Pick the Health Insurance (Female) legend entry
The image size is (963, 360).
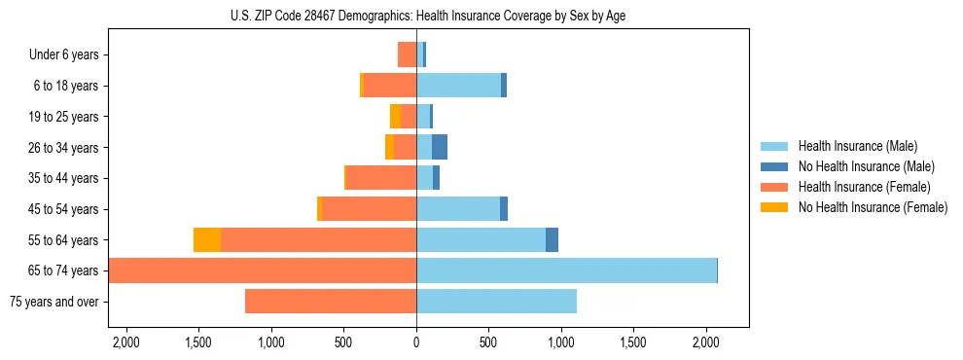tap(858, 187)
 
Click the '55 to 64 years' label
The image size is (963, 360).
tap(63, 240)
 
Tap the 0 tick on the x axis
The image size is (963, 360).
tap(416, 342)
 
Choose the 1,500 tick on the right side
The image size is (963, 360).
tap(633, 342)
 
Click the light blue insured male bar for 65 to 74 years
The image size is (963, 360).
tap(566, 270)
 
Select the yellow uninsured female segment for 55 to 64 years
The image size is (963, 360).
tap(207, 240)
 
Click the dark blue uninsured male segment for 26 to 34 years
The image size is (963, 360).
tap(440, 148)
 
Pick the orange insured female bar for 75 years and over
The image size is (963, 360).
tap(331, 302)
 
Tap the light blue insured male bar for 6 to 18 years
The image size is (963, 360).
tap(458, 86)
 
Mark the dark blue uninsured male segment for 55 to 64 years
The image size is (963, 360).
tap(552, 240)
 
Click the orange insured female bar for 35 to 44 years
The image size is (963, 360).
tap(381, 178)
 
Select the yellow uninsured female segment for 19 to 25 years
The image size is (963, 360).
tap(395, 117)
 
